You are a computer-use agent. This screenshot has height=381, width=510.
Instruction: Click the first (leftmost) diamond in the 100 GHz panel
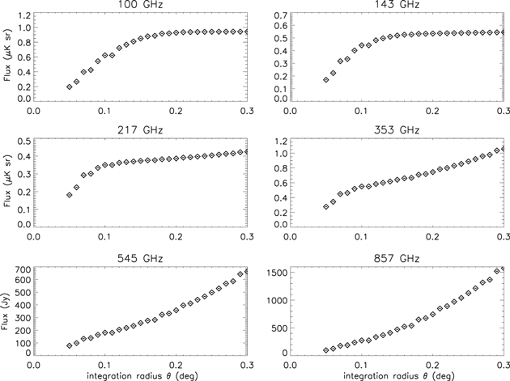[69, 87]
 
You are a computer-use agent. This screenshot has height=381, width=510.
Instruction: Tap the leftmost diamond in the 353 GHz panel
[325, 207]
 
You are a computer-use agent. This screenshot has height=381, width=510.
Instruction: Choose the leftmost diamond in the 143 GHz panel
[325, 80]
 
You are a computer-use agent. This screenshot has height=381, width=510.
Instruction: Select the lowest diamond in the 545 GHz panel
[69, 346]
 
